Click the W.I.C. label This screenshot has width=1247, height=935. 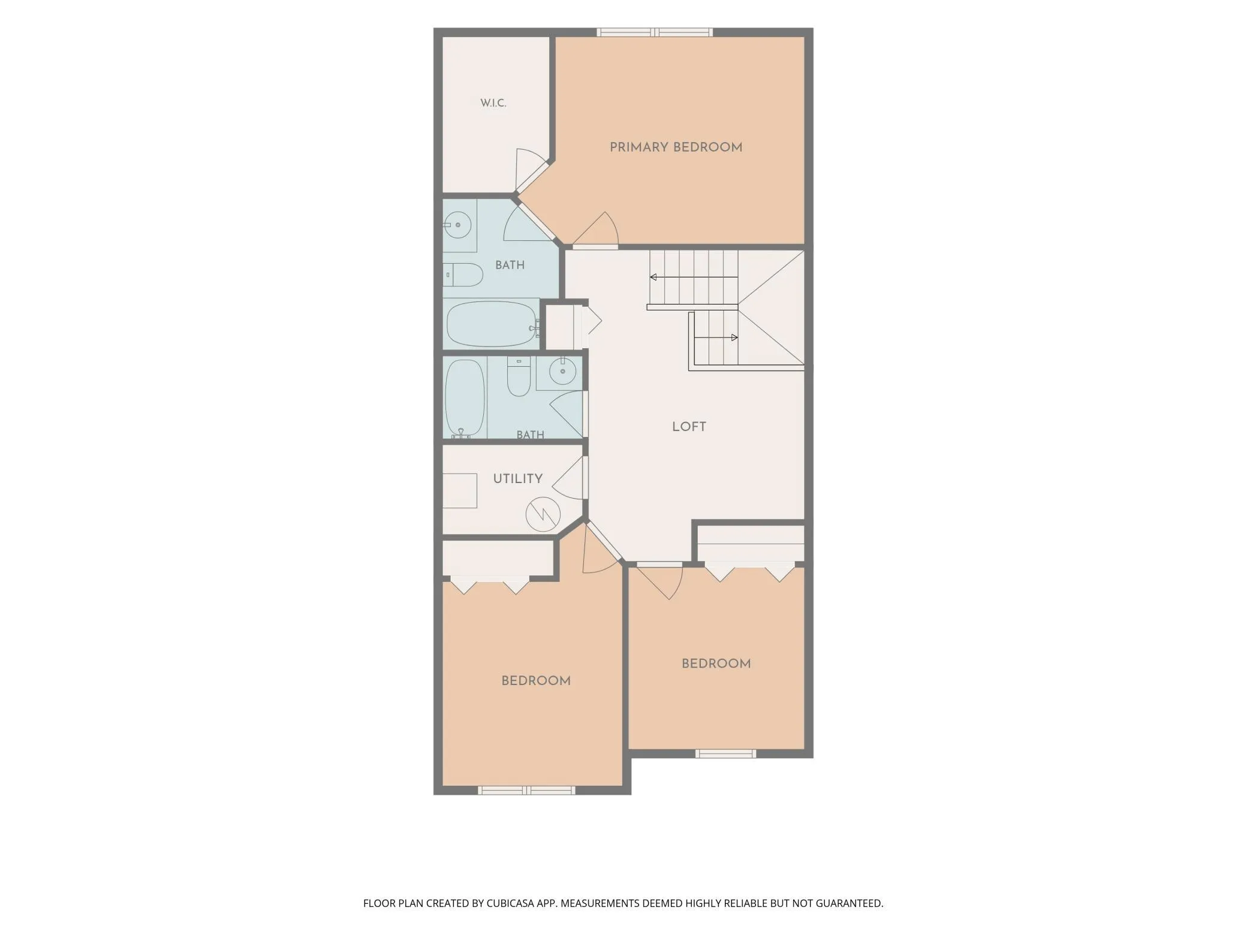pos(493,103)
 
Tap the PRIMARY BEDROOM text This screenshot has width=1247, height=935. pos(676,147)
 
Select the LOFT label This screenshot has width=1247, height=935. pos(689,427)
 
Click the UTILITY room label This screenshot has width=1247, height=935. pos(517,478)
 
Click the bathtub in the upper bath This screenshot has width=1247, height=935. pos(492,324)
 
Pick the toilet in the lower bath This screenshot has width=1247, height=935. pos(519,377)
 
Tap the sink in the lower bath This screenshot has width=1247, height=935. pos(562,372)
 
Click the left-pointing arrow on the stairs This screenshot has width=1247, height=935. pos(694,277)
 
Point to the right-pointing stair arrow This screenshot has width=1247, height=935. pos(716,337)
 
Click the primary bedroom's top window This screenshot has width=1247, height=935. pos(655,32)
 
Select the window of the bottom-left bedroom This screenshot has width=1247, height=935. pos(527,791)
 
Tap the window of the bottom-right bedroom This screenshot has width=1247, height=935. pos(725,753)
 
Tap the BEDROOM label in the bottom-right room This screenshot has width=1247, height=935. pos(716,663)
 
